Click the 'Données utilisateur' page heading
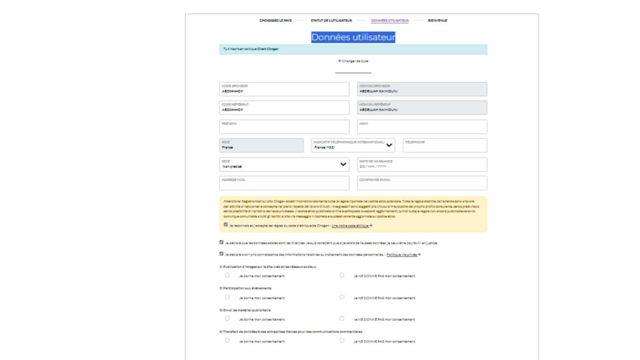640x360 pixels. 353,37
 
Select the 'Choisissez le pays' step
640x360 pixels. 276,21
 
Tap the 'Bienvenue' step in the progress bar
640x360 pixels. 437,21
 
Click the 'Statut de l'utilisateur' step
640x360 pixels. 331,21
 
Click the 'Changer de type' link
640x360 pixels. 353,61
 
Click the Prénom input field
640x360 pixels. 284,127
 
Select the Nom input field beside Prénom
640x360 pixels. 422,127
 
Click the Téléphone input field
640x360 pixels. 444,146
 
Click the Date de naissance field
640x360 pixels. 422,164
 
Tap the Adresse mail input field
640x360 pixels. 284,183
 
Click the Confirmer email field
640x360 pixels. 422,183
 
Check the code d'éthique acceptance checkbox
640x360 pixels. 226,224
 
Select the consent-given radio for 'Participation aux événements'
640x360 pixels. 227,297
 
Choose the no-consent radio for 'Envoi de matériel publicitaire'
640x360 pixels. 342,319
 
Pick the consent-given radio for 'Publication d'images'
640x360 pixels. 227,275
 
